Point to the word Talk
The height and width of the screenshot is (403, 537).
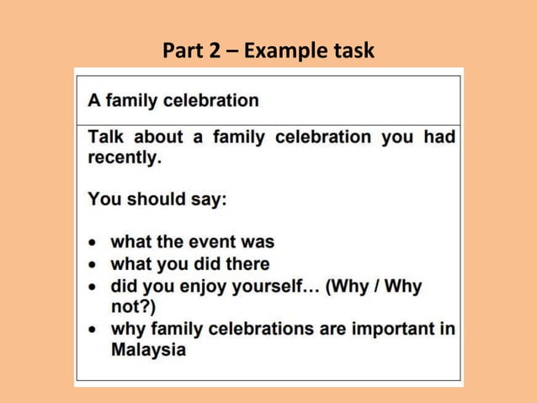108,137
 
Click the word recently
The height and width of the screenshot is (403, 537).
124,158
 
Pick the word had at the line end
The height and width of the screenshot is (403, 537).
439,137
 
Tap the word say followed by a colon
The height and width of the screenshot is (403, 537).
212,201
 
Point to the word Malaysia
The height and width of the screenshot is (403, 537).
148,350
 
